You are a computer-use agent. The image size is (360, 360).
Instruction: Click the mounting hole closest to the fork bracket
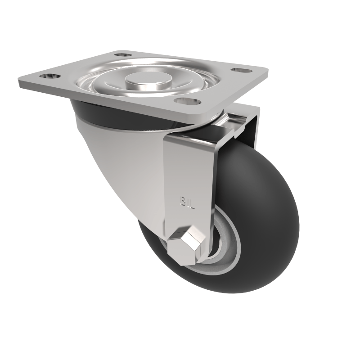pyautogui.click(x=186, y=100)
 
